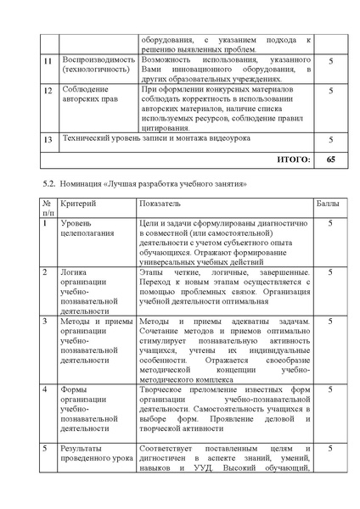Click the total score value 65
point(330,159)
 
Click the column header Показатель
point(160,204)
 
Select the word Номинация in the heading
point(81,183)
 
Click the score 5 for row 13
point(330,139)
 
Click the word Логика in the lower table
point(74,272)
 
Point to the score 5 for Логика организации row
point(329,272)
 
